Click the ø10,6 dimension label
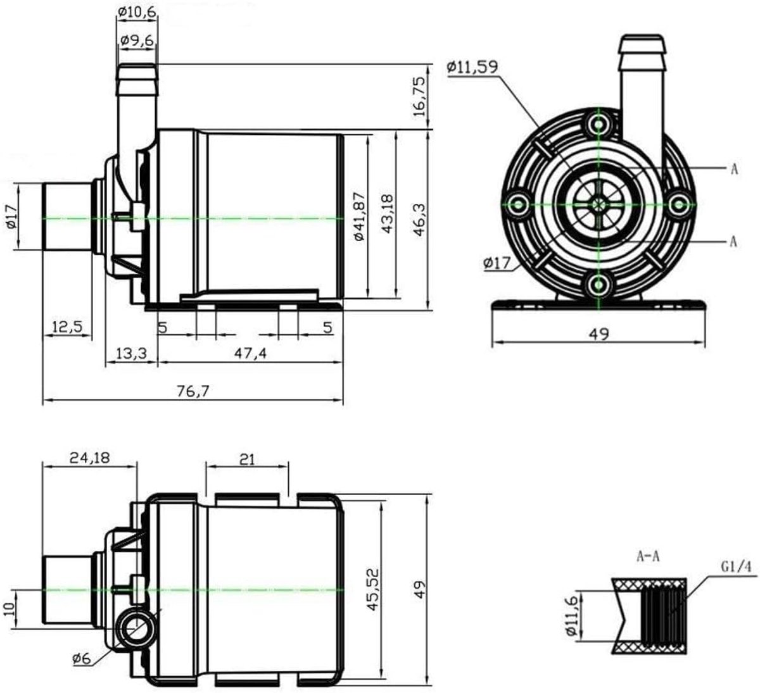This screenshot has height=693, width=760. [x=137, y=12]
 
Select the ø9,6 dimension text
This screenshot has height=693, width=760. [x=137, y=40]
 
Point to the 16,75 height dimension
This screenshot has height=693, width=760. [x=419, y=97]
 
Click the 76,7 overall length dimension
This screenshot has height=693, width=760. [x=193, y=391]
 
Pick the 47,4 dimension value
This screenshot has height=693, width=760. [x=250, y=353]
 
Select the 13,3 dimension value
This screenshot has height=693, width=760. [x=130, y=354]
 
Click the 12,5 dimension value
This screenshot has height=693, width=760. [x=67, y=327]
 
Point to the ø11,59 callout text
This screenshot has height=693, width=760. [x=472, y=67]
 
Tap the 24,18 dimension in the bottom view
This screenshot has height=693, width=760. [x=90, y=458]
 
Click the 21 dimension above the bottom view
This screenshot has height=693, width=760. [x=247, y=459]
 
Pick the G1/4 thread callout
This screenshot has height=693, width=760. [x=736, y=567]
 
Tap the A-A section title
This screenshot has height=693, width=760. [x=648, y=556]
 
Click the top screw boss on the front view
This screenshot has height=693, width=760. [x=598, y=124]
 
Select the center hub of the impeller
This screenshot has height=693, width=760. [x=598, y=205]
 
